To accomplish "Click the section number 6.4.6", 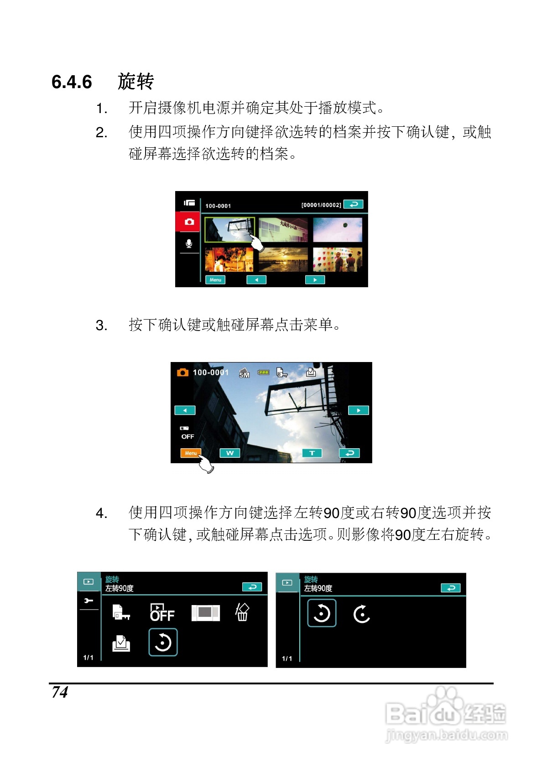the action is pos(72,82).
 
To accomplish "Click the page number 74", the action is pos(60,692).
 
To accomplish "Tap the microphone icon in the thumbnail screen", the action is pos(188,243).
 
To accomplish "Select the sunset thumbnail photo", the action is pos(283,259).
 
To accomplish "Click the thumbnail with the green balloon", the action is pos(338,230).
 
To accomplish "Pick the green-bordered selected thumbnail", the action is pos(229,229).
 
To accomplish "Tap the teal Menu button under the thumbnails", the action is pos(215,280).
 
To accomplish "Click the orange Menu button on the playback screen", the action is pos(191,453).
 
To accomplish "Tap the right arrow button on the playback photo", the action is pos(358,410).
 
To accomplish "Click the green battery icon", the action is pos(263,372).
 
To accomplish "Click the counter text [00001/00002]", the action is pos(321,205).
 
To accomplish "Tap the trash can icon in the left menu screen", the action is pos(242,612).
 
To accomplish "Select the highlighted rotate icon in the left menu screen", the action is pos(163,642).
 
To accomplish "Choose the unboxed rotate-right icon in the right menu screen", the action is pos(361,614).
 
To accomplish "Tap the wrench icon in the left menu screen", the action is pos(89,600).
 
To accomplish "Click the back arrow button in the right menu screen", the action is pos(451,588).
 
